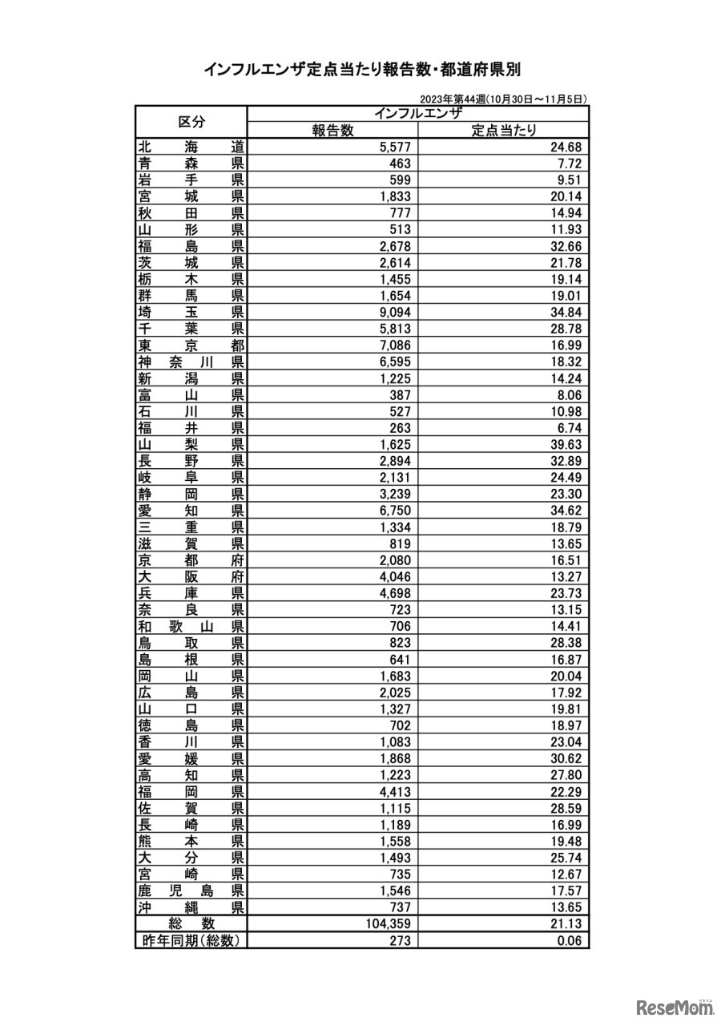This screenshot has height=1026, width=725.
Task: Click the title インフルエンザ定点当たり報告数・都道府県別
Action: (x=362, y=70)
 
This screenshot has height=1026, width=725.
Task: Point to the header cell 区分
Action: (x=191, y=122)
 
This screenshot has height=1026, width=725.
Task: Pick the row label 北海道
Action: (x=191, y=147)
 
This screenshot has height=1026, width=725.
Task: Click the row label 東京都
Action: (x=191, y=345)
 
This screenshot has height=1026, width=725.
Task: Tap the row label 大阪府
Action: (x=191, y=576)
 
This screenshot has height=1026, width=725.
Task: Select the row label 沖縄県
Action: (x=191, y=907)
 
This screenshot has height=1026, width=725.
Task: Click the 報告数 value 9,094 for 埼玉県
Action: (x=393, y=312)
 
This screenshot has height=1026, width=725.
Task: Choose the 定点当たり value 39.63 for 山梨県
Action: (x=564, y=444)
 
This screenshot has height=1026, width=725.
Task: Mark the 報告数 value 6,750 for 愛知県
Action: (x=393, y=511)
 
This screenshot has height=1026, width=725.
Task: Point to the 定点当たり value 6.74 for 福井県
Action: (x=567, y=428)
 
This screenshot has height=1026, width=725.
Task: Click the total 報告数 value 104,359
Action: (x=388, y=924)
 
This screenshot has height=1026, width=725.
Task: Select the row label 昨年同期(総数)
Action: (x=191, y=941)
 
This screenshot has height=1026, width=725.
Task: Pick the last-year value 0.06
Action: (x=568, y=941)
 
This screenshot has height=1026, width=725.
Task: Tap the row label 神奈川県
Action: (x=191, y=362)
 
